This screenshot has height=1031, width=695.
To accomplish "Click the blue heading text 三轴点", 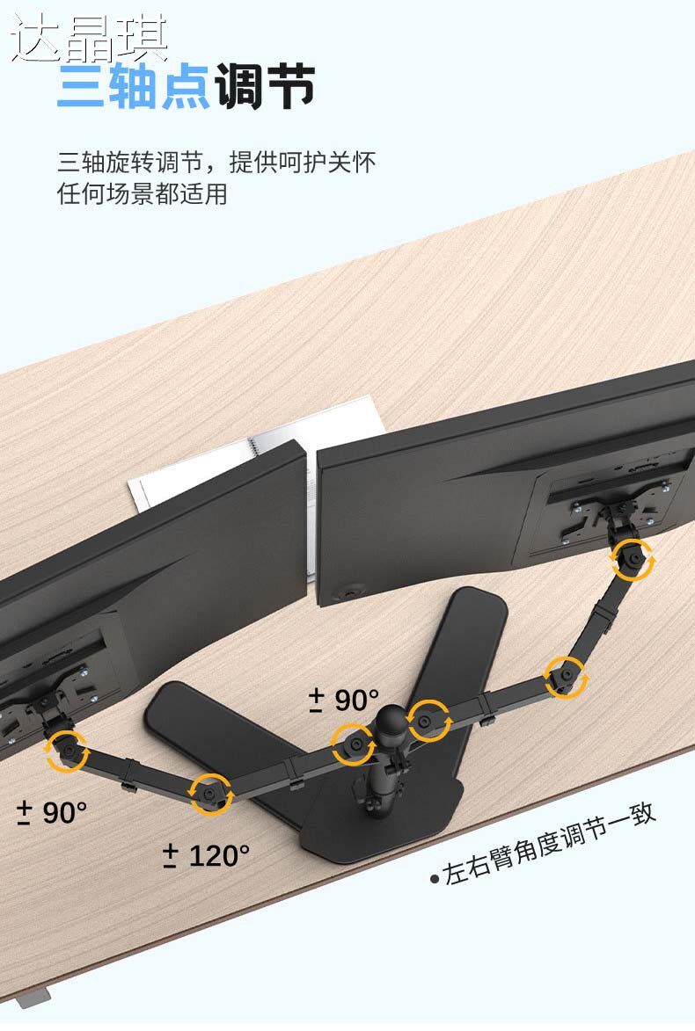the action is pos(132,88).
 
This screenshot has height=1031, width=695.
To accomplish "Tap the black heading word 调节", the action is pos(265,88).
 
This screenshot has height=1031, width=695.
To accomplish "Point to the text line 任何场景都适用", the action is pos(143,193).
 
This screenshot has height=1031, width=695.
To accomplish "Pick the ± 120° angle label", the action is pos(207,854).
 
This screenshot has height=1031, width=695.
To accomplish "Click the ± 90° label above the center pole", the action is pos(343,701).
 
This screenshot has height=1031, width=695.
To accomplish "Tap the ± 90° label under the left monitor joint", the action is pos(53,813).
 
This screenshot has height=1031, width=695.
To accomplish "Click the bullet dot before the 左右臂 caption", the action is pos(435,878).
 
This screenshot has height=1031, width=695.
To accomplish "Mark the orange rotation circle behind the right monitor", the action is pos(632,560).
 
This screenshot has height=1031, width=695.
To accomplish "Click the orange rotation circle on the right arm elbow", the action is pos(565,676).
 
